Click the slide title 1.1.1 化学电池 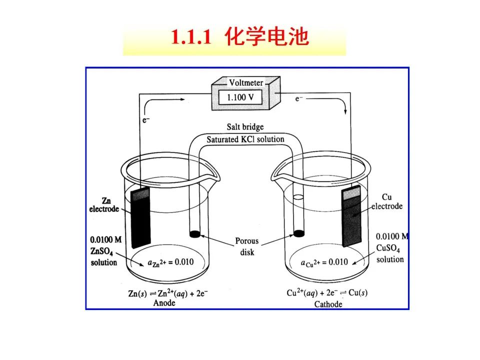[239, 38]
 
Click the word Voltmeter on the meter [245, 82]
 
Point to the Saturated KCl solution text [245, 139]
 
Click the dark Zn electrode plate [141, 217]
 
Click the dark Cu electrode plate [351, 217]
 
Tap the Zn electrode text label [104, 205]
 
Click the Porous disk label [247, 246]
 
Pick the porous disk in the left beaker [195, 233]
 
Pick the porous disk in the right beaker [299, 233]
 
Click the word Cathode [328, 303]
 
